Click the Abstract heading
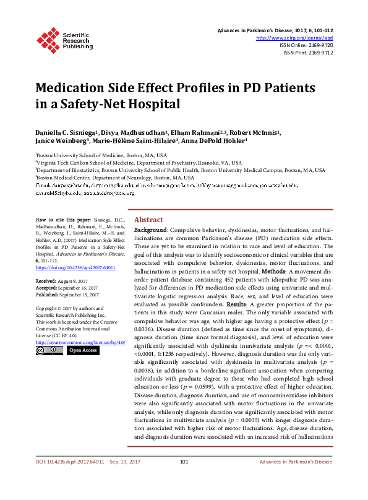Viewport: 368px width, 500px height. [x=148, y=220]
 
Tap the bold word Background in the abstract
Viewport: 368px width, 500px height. [x=151, y=230]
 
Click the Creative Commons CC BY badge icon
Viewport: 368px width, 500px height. [x=49, y=350]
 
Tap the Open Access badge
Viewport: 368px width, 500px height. [x=82, y=350]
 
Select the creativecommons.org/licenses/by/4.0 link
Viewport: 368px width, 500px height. [x=80, y=342]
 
